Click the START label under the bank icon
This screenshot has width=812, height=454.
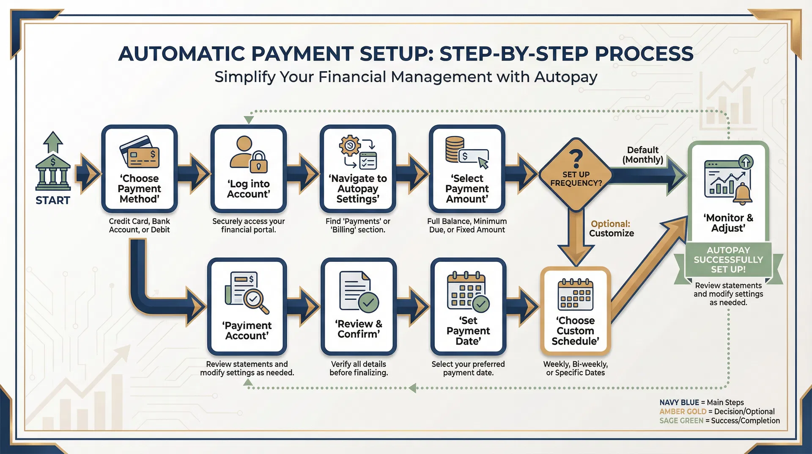coord(52,200)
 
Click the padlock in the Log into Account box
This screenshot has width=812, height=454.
coord(258,162)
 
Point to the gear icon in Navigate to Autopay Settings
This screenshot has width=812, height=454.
coord(350,146)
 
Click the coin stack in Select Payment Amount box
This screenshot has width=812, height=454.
coord(455,149)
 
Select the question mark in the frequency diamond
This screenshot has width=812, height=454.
coord(576,159)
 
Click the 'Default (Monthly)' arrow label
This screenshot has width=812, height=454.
coord(642,155)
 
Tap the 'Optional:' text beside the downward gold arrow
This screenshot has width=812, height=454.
coord(610,224)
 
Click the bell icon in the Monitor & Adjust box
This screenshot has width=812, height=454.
coord(742,194)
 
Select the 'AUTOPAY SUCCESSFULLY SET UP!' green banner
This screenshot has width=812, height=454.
coord(728,260)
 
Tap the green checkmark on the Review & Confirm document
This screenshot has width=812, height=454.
coord(368,302)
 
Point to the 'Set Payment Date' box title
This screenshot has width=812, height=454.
coord(468,331)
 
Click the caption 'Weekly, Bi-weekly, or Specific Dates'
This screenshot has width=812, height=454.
coord(575,368)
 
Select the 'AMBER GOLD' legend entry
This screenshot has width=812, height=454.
coord(683,412)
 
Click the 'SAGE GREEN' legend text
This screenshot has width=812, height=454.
coord(681,421)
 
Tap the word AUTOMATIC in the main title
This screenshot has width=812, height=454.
coord(182,54)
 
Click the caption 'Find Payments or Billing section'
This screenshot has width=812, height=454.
coord(358,225)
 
